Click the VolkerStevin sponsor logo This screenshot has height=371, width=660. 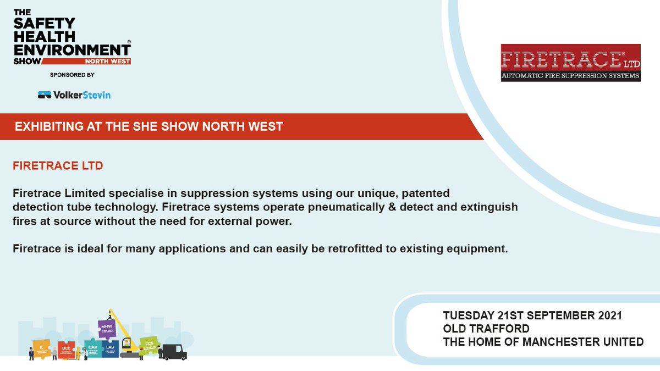pyautogui.click(x=74, y=95)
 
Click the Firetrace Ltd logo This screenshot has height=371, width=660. pyautogui.click(x=570, y=63)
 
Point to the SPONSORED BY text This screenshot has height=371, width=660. pyautogui.click(x=72, y=75)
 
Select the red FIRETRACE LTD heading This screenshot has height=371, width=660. pyautogui.click(x=58, y=165)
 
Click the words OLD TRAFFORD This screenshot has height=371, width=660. pyautogui.click(x=486, y=329)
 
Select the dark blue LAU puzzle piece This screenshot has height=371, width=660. pyautogui.click(x=110, y=347)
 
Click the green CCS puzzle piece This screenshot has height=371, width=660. pyautogui.click(x=148, y=344)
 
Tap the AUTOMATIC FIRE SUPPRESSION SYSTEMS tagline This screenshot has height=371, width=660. pyautogui.click(x=570, y=75)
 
